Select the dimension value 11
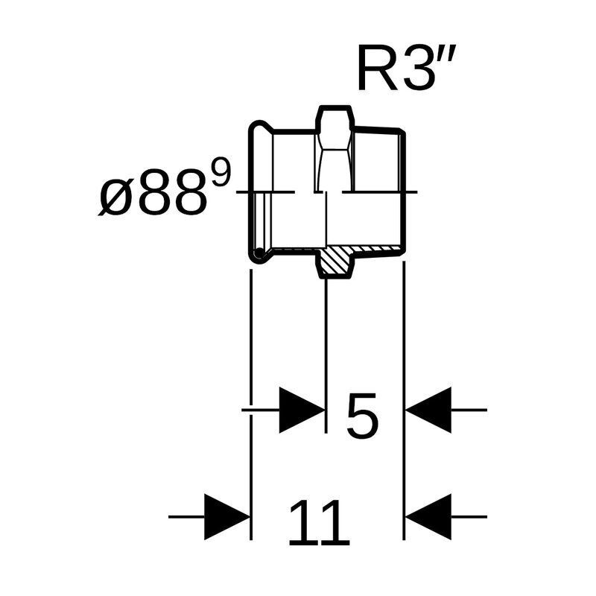(x=318, y=521)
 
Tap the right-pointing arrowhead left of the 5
(x=302, y=410)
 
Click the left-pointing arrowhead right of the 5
(x=428, y=410)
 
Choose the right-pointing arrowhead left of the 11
(x=226, y=516)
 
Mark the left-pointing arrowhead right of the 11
(x=428, y=516)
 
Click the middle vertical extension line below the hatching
(x=326, y=350)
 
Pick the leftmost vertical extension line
(x=250, y=402)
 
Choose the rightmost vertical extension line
(x=403, y=402)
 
